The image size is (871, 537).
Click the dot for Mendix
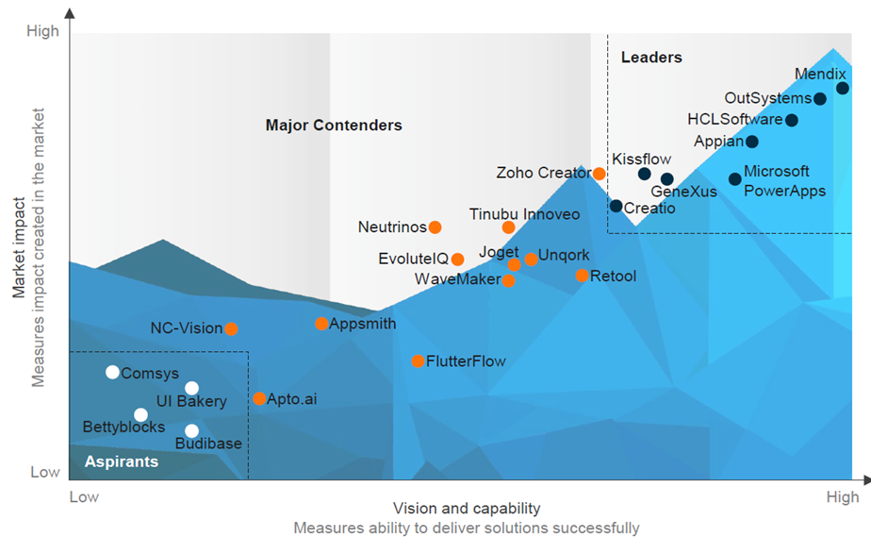(x=843, y=89)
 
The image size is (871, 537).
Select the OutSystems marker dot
(x=820, y=99)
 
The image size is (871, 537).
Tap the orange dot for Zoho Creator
(x=600, y=174)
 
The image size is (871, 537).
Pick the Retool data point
(x=583, y=276)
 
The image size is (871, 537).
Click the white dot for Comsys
(x=112, y=373)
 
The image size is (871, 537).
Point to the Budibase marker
(x=192, y=431)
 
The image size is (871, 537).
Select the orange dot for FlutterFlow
(x=419, y=361)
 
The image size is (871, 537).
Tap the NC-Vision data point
(x=231, y=329)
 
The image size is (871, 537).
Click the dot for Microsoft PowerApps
(x=735, y=179)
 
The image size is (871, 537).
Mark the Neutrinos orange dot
(x=435, y=227)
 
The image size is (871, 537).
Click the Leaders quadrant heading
(x=651, y=59)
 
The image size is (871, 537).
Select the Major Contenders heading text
(x=334, y=126)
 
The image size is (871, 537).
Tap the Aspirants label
(x=122, y=462)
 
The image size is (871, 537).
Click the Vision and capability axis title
(x=467, y=509)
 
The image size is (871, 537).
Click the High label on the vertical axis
(x=43, y=31)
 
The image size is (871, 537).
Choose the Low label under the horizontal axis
(x=84, y=497)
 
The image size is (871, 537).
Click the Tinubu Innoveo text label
(x=525, y=214)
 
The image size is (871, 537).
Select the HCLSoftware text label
(x=735, y=120)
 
